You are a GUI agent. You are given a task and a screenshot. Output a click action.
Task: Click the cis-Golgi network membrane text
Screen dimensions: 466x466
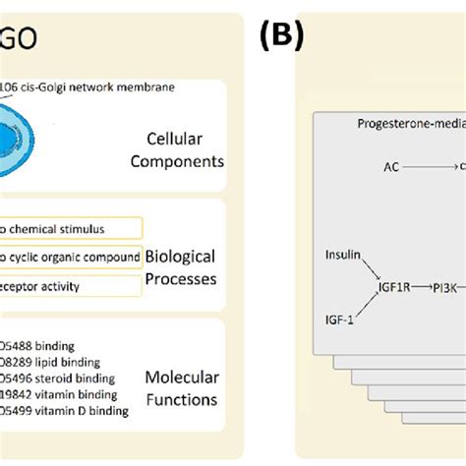88,87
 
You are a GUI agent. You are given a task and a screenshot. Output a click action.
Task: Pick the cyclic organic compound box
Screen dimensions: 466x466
70,257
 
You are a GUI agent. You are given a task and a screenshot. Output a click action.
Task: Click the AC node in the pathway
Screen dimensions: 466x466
391,168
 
